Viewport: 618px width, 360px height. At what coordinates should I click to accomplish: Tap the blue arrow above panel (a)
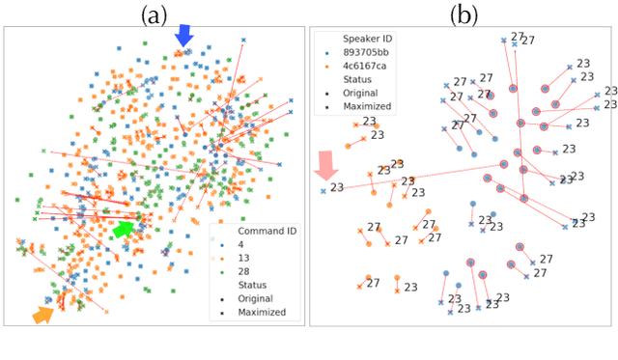click(x=183, y=35)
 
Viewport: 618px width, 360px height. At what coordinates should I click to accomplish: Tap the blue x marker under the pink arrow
click(x=323, y=191)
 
